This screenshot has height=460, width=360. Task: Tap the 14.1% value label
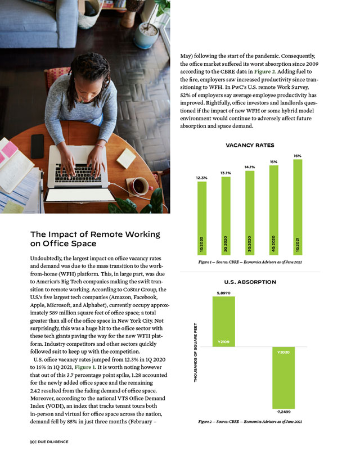[250, 166]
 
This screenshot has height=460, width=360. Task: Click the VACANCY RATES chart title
[250, 145]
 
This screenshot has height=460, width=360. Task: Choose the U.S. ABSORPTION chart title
[250, 282]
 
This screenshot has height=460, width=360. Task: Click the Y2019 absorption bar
[223, 321]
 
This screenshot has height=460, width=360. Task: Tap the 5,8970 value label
[223, 293]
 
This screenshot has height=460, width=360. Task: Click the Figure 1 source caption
[250, 263]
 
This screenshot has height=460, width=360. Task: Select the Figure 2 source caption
[250, 421]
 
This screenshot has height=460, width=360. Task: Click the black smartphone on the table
[38, 146]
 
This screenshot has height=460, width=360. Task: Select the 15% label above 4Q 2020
[273, 162]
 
